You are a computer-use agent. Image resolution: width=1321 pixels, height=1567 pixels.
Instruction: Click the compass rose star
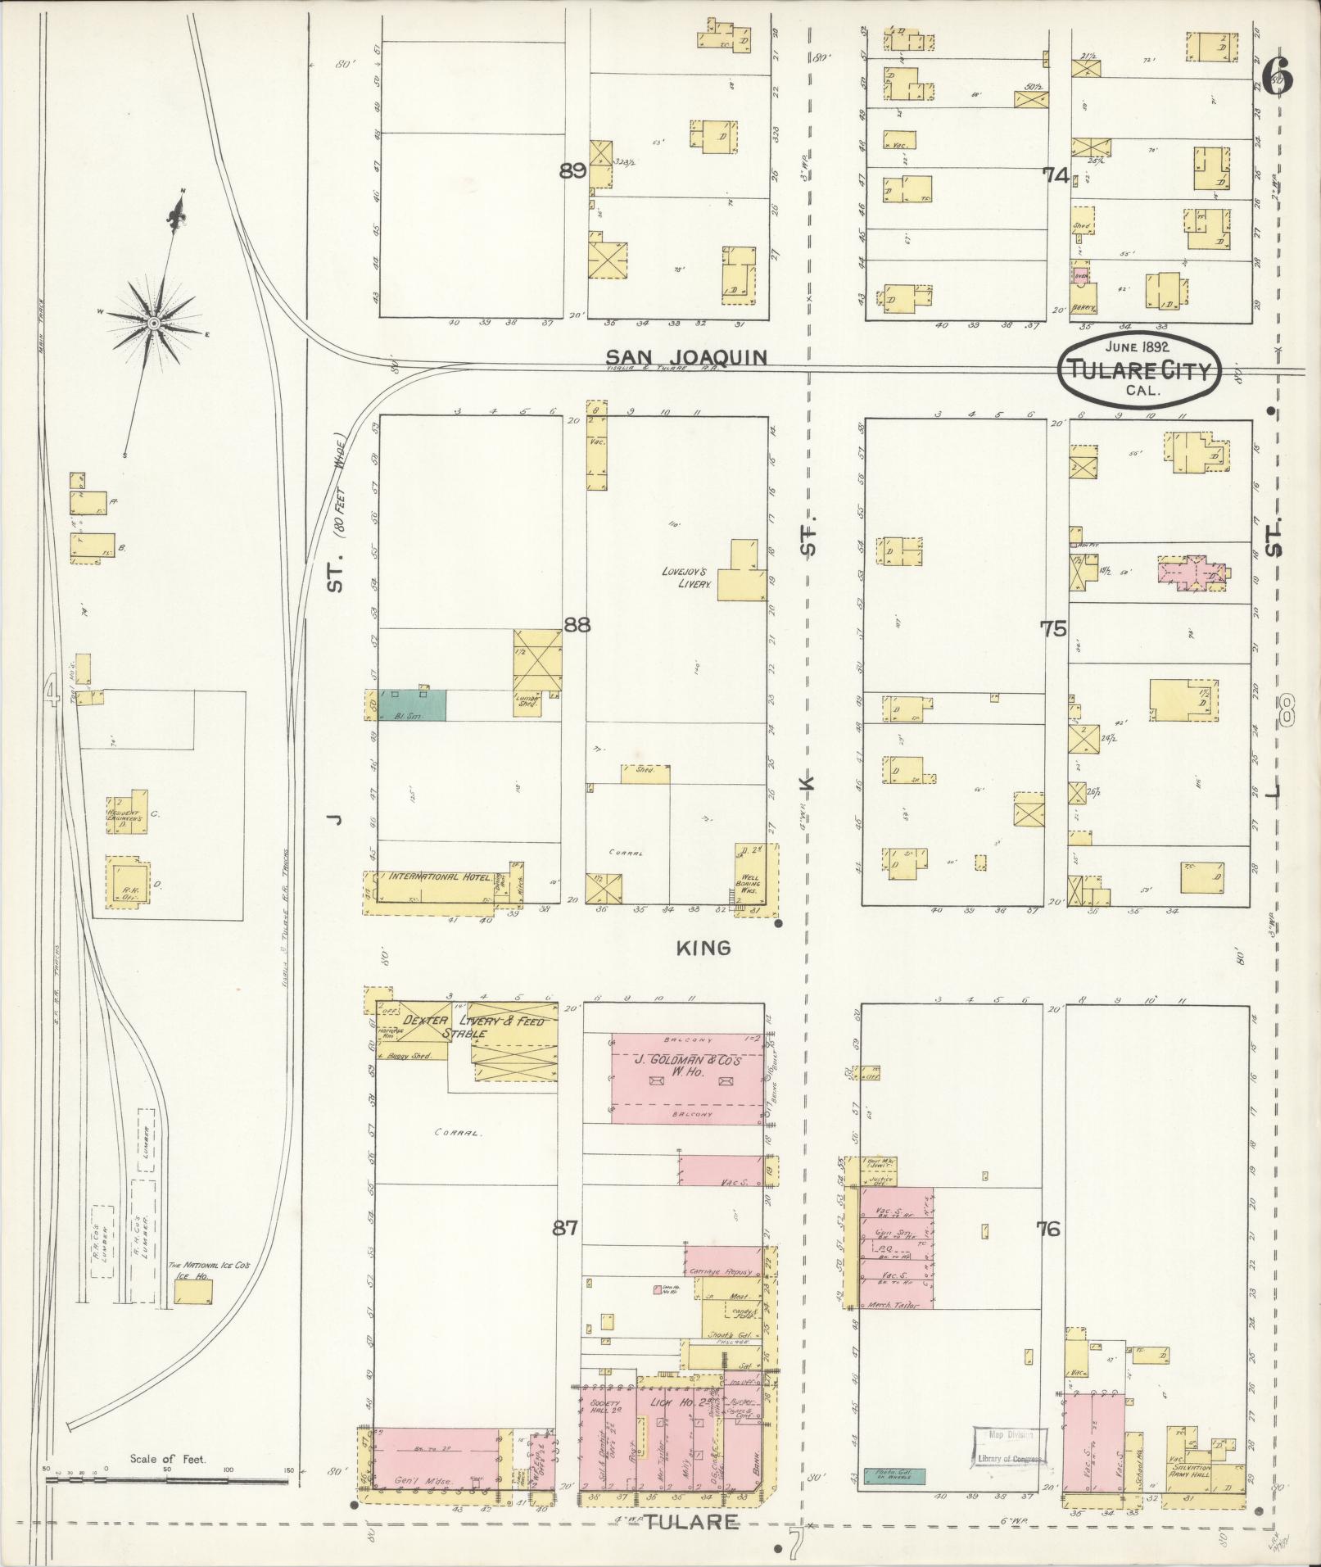153,325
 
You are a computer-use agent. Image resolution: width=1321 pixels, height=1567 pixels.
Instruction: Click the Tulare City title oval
1139,371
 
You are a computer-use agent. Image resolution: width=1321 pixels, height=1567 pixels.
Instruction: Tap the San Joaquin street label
686,357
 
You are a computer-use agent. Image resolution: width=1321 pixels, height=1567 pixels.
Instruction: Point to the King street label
703,948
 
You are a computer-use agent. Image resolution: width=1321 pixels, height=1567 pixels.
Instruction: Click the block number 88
577,625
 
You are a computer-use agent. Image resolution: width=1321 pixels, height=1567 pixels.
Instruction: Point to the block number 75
1053,629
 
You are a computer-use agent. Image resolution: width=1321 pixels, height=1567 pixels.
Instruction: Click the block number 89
572,171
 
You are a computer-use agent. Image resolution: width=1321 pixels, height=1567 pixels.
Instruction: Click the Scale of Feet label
168,1459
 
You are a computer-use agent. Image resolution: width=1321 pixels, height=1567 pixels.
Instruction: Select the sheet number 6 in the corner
1278,79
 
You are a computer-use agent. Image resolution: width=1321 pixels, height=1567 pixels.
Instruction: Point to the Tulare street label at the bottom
692,1523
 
